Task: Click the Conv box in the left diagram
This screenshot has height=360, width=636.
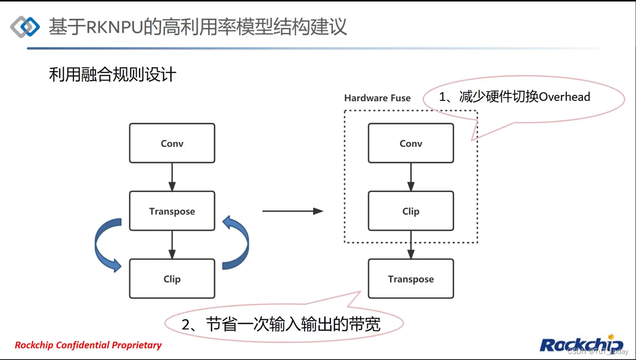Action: pos(172,143)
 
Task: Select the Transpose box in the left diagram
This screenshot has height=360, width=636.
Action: pos(172,211)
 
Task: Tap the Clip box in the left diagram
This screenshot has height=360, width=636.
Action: pos(172,278)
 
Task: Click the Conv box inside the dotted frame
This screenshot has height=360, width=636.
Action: pos(411,143)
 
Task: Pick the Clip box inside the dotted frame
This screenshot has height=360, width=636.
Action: pos(411,211)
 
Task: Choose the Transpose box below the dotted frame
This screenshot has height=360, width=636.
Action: pos(411,278)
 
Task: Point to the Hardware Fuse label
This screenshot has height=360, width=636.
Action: pos(377,98)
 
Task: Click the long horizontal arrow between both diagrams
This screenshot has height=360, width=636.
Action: pos(293,211)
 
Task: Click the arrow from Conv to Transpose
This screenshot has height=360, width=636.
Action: pos(172,177)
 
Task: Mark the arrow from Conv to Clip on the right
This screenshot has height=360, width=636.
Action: pos(411,177)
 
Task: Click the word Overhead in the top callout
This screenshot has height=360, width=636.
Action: pos(564,96)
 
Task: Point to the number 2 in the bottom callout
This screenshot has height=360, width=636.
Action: pos(186,325)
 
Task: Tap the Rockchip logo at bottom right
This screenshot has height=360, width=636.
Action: pos(581,344)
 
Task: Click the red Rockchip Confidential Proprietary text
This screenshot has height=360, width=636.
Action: pos(88,345)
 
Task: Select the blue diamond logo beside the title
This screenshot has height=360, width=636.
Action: pos(25,27)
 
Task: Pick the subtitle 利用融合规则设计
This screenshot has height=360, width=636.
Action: pos(113,75)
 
